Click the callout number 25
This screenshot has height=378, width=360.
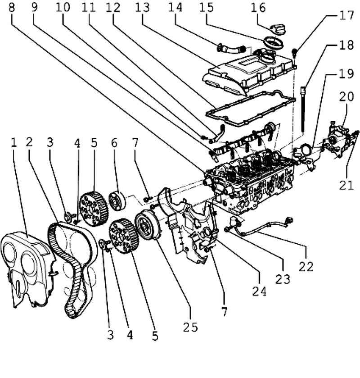click(x=190, y=327)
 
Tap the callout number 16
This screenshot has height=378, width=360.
click(x=258, y=8)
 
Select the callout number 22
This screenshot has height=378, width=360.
click(x=306, y=267)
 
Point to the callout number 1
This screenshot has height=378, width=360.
click(x=14, y=142)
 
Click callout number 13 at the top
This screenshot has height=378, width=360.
click(x=142, y=8)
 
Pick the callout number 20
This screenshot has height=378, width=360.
click(x=346, y=96)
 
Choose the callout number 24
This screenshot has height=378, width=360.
click(x=260, y=291)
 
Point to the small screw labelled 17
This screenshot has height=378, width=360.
click(x=294, y=52)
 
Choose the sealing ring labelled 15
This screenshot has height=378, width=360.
click(x=273, y=42)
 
